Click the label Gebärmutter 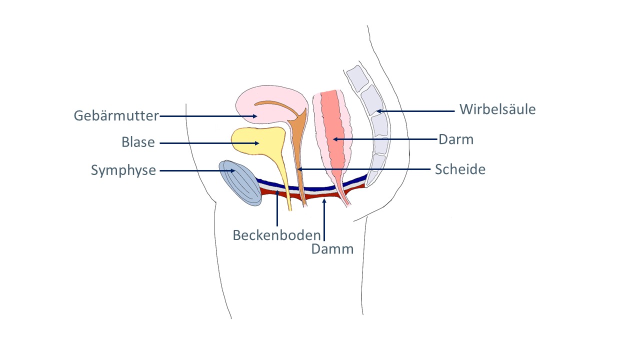[116, 116]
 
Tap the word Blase [138, 142]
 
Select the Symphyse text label [123, 170]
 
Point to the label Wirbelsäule [497, 109]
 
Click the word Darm [455, 139]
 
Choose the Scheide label [459, 169]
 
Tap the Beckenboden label [276, 234]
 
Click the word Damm [332, 248]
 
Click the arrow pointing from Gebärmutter [208, 116]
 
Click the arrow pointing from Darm [385, 139]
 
